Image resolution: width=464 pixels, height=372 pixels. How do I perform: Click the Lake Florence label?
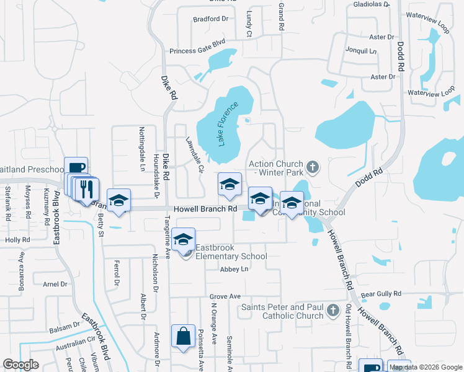[228, 123]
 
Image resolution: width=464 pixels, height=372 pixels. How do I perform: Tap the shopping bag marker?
[184, 337]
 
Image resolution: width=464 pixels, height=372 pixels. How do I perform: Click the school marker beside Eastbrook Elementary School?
[184, 241]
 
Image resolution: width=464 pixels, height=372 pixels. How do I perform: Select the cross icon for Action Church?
[313, 167]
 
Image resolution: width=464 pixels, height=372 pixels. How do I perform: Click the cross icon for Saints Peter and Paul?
[333, 310]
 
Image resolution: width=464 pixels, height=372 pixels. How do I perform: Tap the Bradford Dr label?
[210, 19]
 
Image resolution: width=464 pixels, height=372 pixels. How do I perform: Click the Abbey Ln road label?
[234, 269]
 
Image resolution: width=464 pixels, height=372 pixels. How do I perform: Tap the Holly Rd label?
[17, 239]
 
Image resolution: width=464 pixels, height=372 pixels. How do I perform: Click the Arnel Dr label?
[55, 284]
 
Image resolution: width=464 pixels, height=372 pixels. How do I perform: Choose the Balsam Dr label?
[68, 324]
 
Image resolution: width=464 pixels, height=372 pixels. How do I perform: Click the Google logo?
[21, 365]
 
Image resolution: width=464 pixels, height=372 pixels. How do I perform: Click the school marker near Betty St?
[118, 201]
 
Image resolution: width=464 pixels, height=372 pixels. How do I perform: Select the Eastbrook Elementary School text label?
[231, 252]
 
